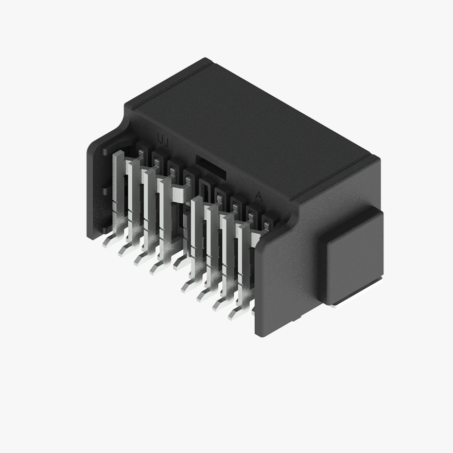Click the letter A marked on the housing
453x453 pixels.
[259, 196]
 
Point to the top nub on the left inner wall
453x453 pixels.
[105, 153]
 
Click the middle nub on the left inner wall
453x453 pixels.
[104, 191]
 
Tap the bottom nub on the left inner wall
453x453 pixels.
[104, 230]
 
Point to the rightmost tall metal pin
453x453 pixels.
[242, 257]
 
